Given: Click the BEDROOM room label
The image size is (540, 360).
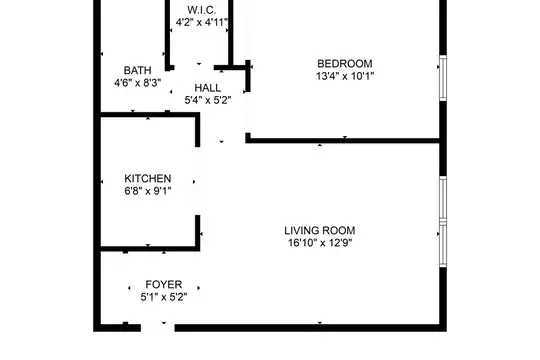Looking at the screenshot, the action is [345, 64].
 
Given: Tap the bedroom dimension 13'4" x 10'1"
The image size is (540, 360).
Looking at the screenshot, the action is [345, 76].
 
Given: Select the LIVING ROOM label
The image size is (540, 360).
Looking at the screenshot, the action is [320, 230].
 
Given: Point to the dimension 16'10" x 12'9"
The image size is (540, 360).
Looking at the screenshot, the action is [320, 243].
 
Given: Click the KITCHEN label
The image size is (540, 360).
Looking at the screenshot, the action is [148, 178].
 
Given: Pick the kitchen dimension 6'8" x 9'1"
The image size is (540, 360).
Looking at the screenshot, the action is [148, 191].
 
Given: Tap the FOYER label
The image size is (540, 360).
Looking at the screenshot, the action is [164, 285].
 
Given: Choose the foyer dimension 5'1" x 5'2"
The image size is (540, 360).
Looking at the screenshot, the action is [164, 297].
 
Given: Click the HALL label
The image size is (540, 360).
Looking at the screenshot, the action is [208, 88].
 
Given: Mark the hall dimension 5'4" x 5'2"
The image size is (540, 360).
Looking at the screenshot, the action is [208, 100].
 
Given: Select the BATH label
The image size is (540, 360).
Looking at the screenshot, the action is [137, 70].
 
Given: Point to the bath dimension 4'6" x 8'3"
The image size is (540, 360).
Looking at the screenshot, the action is [137, 83].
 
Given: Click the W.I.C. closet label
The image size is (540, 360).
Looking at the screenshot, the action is [202, 10].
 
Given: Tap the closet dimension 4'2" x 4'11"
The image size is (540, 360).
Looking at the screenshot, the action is [202, 22].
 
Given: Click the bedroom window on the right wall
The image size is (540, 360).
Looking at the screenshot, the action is [443, 78].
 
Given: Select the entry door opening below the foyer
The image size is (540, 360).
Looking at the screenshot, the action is [158, 328].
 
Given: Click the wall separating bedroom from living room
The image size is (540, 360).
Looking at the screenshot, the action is [343, 140].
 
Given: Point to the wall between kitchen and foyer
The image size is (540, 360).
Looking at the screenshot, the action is [150, 249].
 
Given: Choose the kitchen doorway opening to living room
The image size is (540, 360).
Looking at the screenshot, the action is [198, 181].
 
